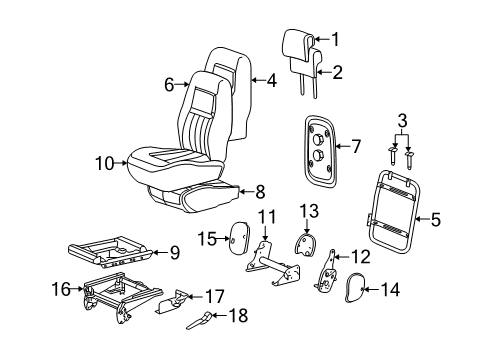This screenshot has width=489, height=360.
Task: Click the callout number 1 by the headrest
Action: coord(336,41)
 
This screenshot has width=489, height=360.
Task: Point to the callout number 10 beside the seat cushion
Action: coord(106,162)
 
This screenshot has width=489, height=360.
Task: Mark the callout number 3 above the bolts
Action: coord(402,121)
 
